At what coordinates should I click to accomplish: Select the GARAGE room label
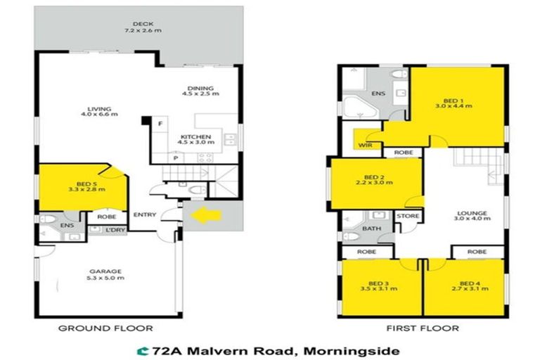[105, 271]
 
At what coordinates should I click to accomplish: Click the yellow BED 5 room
[77, 193]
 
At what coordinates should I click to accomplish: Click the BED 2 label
[373, 176]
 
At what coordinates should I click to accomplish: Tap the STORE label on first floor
[408, 217]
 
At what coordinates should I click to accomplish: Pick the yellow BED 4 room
[463, 295]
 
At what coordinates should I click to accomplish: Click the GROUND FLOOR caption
[105, 328]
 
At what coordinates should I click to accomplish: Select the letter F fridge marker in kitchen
[160, 124]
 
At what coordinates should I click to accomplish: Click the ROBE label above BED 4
[476, 251]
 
